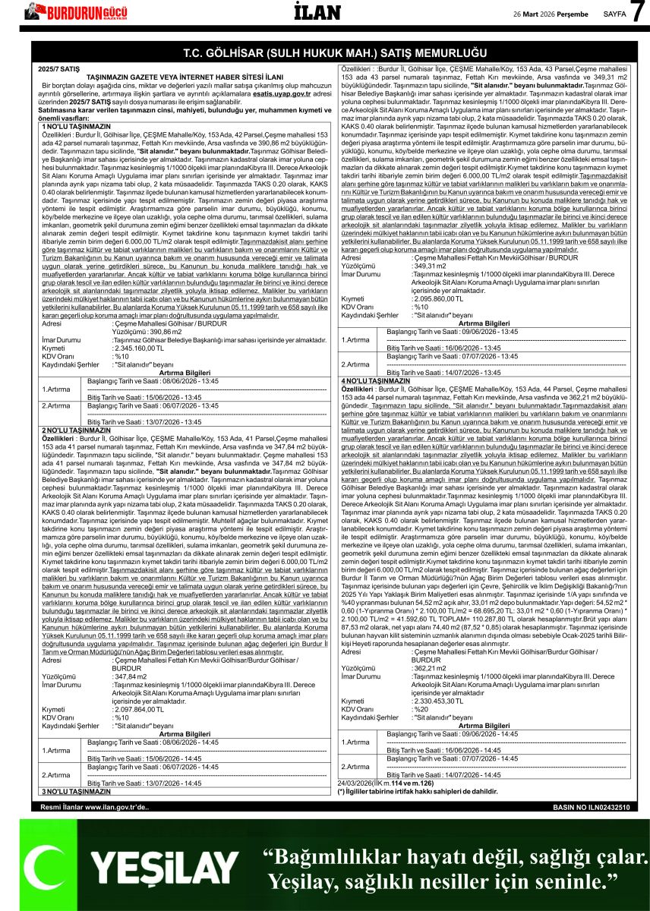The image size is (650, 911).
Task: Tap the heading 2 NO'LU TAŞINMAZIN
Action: coord(74,430)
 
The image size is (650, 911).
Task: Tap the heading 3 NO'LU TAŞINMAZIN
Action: coord(74,792)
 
